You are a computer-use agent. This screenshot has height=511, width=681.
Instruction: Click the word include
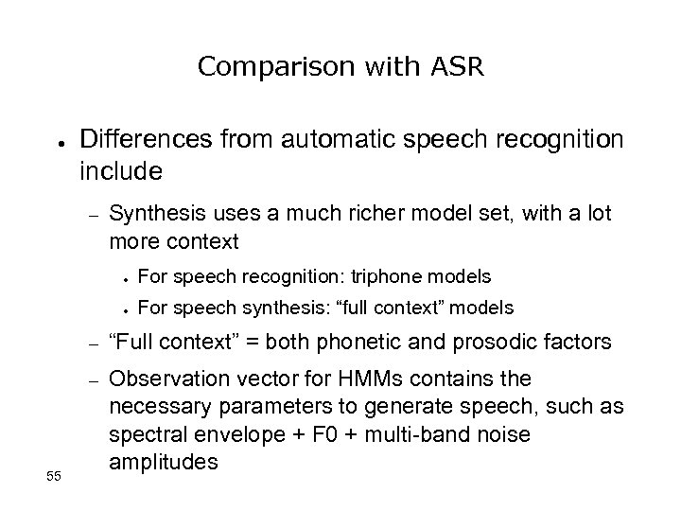tap(122, 172)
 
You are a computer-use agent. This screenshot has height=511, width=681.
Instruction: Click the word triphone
tap(389, 276)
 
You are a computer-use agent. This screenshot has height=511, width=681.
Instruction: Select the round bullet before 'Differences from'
tap(59, 143)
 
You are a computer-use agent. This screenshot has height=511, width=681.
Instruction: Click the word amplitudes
tap(164, 462)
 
